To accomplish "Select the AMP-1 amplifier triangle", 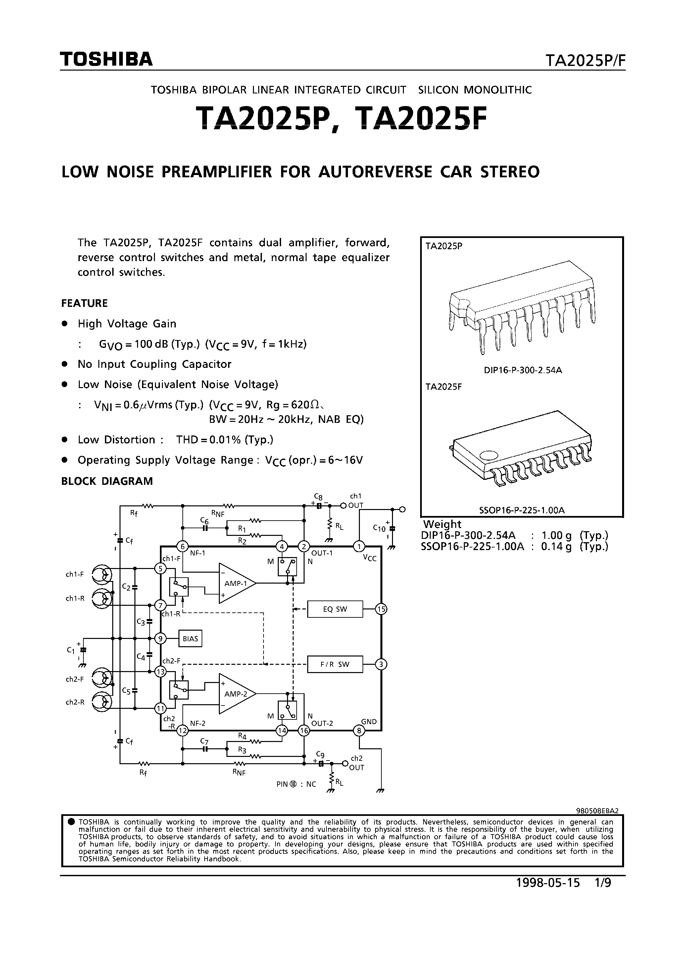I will pos(236,583).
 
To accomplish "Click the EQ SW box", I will pos(335,609).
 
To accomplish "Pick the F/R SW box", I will pos(335,665).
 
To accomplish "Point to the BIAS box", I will pos(190,639).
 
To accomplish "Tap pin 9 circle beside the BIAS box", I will pos(160,639).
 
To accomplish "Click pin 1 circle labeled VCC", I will pos(359,547).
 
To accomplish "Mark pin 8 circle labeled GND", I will pos(359,730).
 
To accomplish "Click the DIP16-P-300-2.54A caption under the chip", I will pos(523,370).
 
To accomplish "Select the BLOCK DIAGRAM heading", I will pos(107,481).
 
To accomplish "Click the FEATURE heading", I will pos(84,304).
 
